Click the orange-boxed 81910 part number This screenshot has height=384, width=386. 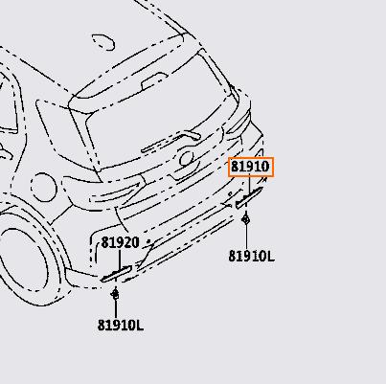(251, 167)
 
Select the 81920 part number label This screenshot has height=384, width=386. (121, 243)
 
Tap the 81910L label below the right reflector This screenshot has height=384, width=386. (251, 256)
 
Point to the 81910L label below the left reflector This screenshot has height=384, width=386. (121, 326)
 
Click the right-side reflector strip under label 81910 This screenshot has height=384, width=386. (249, 198)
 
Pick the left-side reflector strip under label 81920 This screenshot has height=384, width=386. (116, 274)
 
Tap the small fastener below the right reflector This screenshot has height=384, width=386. (245, 219)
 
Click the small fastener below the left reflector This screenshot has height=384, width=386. (116, 293)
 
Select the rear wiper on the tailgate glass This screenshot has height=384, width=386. (170, 142)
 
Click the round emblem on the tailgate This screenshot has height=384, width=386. (187, 158)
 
